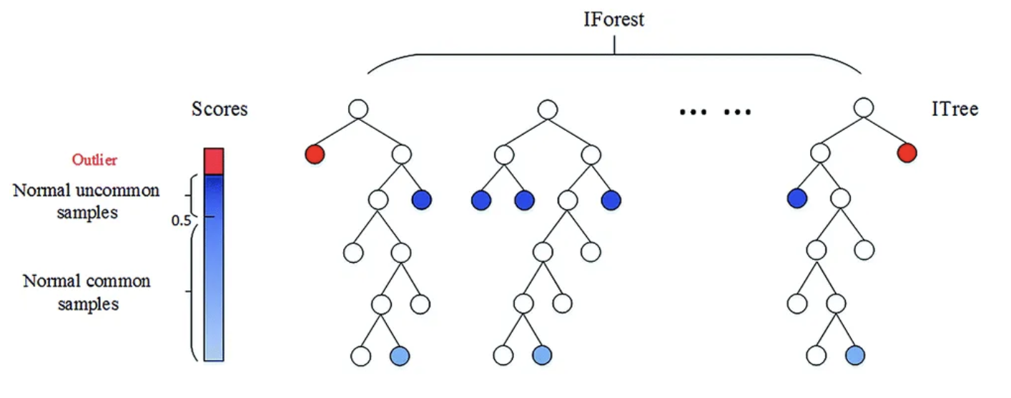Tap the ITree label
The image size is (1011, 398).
(x=955, y=110)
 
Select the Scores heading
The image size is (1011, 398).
(x=220, y=110)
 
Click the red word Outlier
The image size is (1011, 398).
(x=94, y=160)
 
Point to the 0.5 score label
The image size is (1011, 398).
(x=182, y=220)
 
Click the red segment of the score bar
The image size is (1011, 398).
(x=214, y=161)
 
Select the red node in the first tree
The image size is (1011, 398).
(x=314, y=154)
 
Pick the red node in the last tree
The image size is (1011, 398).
(x=907, y=153)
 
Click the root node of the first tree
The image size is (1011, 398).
(x=357, y=110)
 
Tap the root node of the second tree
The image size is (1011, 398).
(x=547, y=110)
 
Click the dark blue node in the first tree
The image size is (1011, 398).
(x=422, y=200)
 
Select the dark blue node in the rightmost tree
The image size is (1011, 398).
(x=797, y=198)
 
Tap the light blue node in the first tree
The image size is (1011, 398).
(x=400, y=354)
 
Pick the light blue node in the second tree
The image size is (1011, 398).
(x=543, y=354)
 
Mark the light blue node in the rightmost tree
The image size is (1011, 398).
(x=854, y=354)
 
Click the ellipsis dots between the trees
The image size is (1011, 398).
(x=715, y=112)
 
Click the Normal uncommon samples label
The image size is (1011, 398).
(x=86, y=201)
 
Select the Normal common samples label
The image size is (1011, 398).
(x=87, y=291)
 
